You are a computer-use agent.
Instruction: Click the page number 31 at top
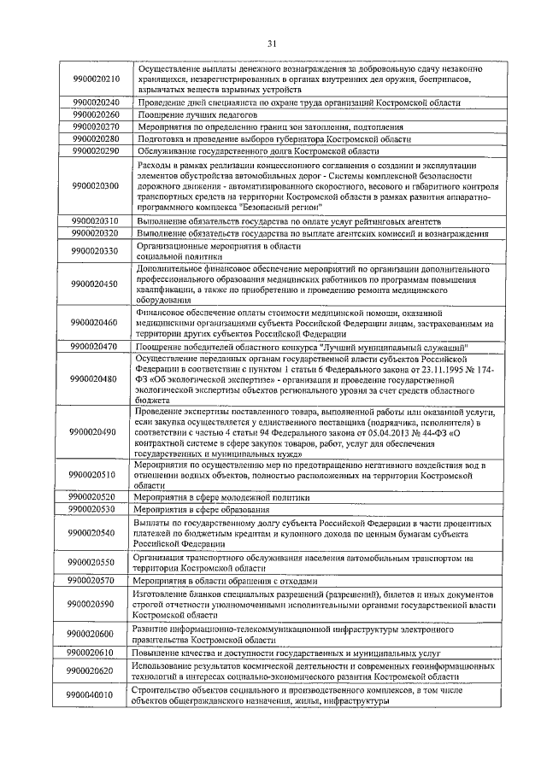tap(273, 43)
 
